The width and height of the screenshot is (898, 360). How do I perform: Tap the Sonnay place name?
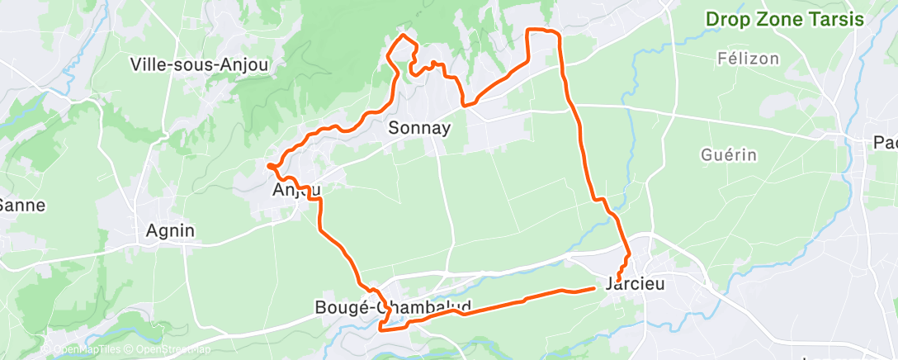(x=419, y=128)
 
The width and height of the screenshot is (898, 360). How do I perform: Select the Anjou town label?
(x=295, y=191)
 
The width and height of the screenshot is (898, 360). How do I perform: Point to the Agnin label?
(x=170, y=230)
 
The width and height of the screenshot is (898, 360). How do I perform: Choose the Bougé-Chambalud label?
(x=393, y=307)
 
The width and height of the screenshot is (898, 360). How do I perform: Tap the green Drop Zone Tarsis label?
(x=783, y=19)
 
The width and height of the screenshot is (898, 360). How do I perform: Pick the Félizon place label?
(x=749, y=59)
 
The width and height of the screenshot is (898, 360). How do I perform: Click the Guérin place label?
(x=728, y=154)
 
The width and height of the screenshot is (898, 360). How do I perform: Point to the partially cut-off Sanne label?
(x=22, y=204)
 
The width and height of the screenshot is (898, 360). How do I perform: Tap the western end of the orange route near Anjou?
(x=269, y=166)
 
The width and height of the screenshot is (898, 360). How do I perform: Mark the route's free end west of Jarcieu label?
(x=594, y=288)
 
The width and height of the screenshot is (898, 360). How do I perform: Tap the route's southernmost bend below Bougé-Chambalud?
(x=381, y=328)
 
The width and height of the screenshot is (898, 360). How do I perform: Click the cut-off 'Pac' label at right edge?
(x=885, y=143)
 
